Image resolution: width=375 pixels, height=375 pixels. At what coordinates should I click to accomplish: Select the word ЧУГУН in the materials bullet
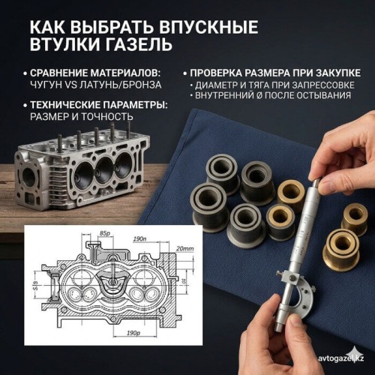point(46,85)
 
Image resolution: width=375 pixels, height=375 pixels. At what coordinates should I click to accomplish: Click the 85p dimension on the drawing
point(105,233)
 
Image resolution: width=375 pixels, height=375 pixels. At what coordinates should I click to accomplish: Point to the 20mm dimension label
point(185,248)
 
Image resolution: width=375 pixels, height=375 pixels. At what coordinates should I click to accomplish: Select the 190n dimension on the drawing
point(139,238)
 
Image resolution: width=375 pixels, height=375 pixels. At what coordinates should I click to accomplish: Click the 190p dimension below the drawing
point(133,333)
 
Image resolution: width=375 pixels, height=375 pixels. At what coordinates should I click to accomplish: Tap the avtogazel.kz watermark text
point(340,358)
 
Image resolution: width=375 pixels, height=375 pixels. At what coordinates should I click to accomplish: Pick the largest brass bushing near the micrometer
point(341,250)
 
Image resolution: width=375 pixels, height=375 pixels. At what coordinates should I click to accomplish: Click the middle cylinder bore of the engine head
point(105,170)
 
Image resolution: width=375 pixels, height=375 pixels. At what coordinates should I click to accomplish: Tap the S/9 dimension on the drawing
point(35,286)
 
